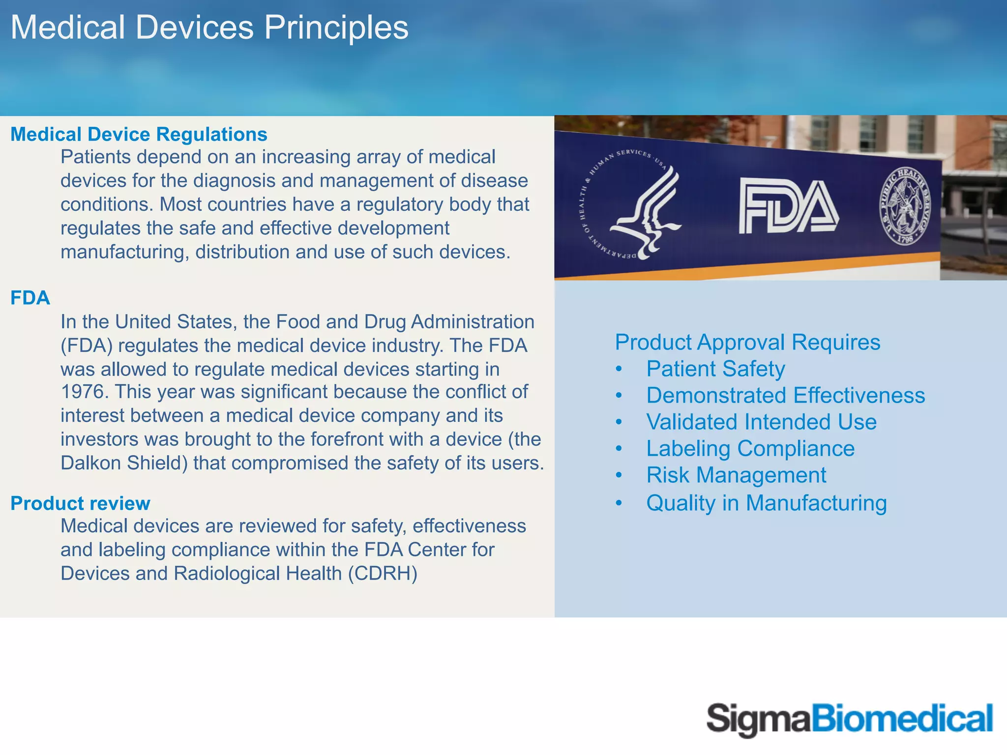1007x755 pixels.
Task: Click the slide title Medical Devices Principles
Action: coord(209,28)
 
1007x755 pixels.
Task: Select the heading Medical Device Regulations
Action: coord(139,134)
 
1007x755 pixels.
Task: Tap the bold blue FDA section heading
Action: coord(30,298)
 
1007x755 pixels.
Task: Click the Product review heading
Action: coord(80,503)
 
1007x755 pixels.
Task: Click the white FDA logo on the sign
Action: coord(789,207)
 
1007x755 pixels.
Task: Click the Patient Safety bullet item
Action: coord(715,369)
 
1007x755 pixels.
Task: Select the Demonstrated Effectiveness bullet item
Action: coord(785,396)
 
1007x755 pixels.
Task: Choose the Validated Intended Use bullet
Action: coord(761,422)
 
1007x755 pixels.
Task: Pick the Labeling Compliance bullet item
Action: coord(750,449)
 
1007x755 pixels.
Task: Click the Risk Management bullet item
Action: coord(736,475)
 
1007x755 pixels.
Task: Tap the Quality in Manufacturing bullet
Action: coord(767,503)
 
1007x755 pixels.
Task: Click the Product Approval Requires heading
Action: coord(747,343)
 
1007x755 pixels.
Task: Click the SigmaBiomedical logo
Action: coord(850,720)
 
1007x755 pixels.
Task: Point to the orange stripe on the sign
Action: coord(738,268)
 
